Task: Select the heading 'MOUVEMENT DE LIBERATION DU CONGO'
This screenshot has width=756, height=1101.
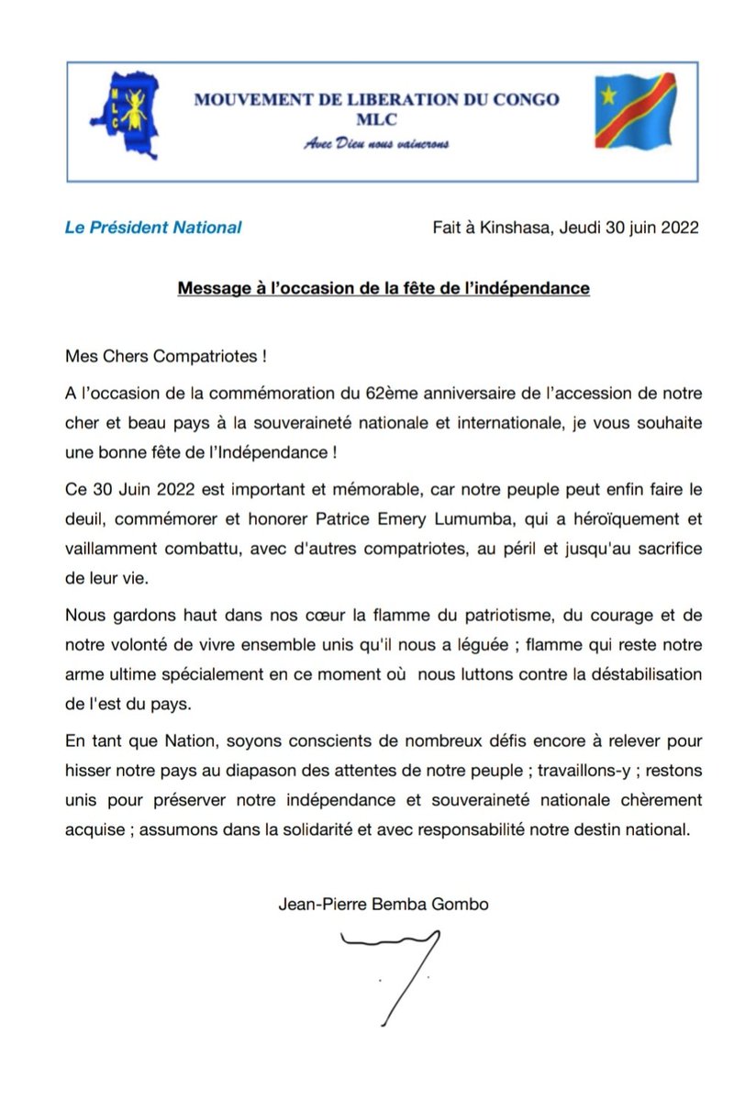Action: (x=375, y=99)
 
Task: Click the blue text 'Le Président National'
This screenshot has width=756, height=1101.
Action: (x=153, y=227)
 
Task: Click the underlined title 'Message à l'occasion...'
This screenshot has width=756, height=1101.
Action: (x=384, y=288)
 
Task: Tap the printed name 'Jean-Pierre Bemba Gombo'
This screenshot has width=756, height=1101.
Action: (x=384, y=904)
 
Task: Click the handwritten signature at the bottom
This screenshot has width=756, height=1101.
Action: (x=395, y=973)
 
